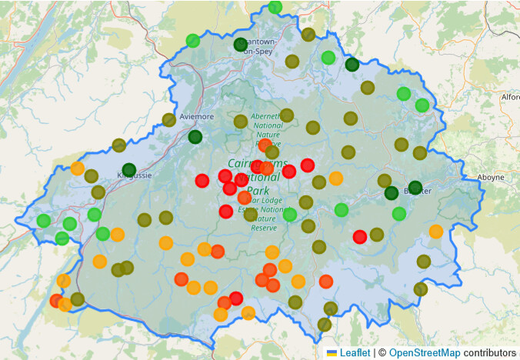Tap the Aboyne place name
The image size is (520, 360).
tap(491, 176)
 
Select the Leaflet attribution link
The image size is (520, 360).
tap(355, 352)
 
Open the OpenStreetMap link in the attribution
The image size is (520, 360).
tap(425, 352)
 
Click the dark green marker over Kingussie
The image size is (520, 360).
tap(128, 170)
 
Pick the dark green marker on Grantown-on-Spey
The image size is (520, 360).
tap(241, 45)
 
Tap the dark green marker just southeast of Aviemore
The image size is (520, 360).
tap(195, 137)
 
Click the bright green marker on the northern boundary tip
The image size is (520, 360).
tap(275, 8)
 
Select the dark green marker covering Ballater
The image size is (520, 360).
tap(415, 187)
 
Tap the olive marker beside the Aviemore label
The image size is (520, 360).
tap(168, 119)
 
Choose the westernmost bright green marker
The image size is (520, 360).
tap(44, 221)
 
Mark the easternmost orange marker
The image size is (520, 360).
tap(436, 231)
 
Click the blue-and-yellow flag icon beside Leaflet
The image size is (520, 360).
tap(332, 352)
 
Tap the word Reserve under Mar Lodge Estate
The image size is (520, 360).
tap(264, 228)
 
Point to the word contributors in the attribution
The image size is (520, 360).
tap(489, 352)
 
